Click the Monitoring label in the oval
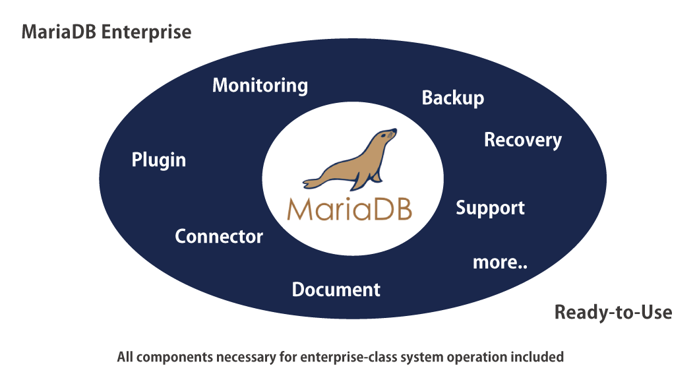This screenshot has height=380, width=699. [260, 86]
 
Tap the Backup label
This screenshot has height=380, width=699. [453, 98]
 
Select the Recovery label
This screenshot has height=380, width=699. [523, 140]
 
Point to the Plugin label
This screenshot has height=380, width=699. [159, 160]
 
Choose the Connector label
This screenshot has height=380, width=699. [219, 236]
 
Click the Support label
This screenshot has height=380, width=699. [490, 208]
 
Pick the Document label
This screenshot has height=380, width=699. [336, 290]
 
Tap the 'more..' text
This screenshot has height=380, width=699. [500, 263]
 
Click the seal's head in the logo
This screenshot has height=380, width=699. [386, 136]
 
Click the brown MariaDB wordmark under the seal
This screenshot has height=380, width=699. [349, 208]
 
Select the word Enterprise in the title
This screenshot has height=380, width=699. [146, 32]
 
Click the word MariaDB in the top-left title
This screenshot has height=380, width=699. [59, 32]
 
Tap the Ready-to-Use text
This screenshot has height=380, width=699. [613, 312]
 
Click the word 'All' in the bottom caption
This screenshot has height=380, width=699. [125, 357]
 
